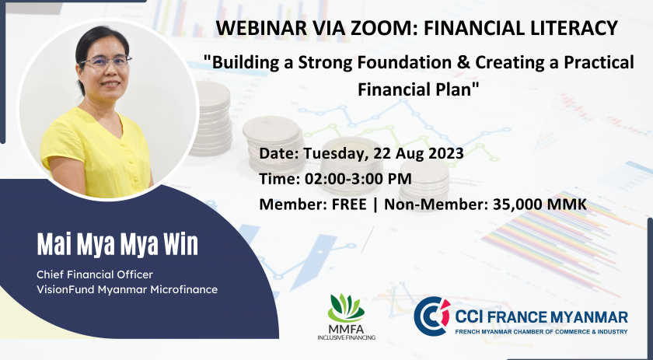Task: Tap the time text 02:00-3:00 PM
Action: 358,179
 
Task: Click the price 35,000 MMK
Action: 540,204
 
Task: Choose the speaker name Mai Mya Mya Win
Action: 117,245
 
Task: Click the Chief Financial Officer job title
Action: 95,274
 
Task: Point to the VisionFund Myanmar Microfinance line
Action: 127,289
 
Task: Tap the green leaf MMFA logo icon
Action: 346,308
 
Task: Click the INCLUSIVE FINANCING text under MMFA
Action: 346,337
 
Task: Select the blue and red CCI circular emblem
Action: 432,316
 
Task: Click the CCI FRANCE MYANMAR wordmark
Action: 541,317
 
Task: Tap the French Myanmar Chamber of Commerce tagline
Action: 541,332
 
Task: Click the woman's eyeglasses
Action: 106,62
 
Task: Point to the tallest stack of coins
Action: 213,118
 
